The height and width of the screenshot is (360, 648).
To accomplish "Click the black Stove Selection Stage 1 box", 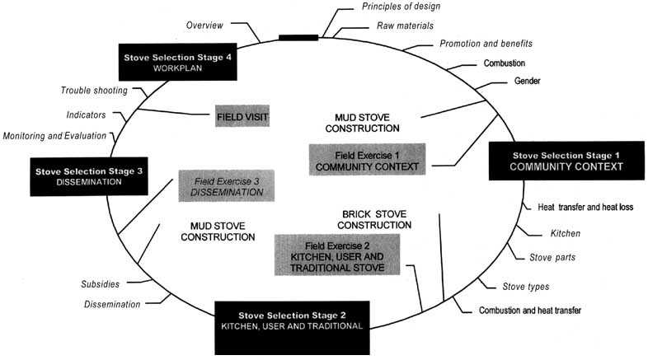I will coord(566,160).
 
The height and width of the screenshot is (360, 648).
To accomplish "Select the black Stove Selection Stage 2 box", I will coord(292,320).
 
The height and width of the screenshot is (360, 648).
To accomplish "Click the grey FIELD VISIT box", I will coord(242,117).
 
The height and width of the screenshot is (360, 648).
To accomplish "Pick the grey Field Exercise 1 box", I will coord(366,160).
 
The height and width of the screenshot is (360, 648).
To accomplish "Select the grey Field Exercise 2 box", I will coord(336,254).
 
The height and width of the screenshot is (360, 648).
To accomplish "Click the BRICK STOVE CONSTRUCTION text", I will coord(376,219).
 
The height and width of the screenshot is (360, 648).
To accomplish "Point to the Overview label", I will coord(206,25).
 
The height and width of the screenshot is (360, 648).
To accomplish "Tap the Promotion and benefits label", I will coord(486,43).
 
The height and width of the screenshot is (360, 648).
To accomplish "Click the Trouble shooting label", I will coord(92,90).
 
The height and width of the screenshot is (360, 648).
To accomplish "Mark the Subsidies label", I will coord(100,284).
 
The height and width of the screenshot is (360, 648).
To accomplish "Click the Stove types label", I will coord(526,287).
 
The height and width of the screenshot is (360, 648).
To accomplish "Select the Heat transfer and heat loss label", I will coord(579,207).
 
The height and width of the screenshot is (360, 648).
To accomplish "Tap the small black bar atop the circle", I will coord(298,37).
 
